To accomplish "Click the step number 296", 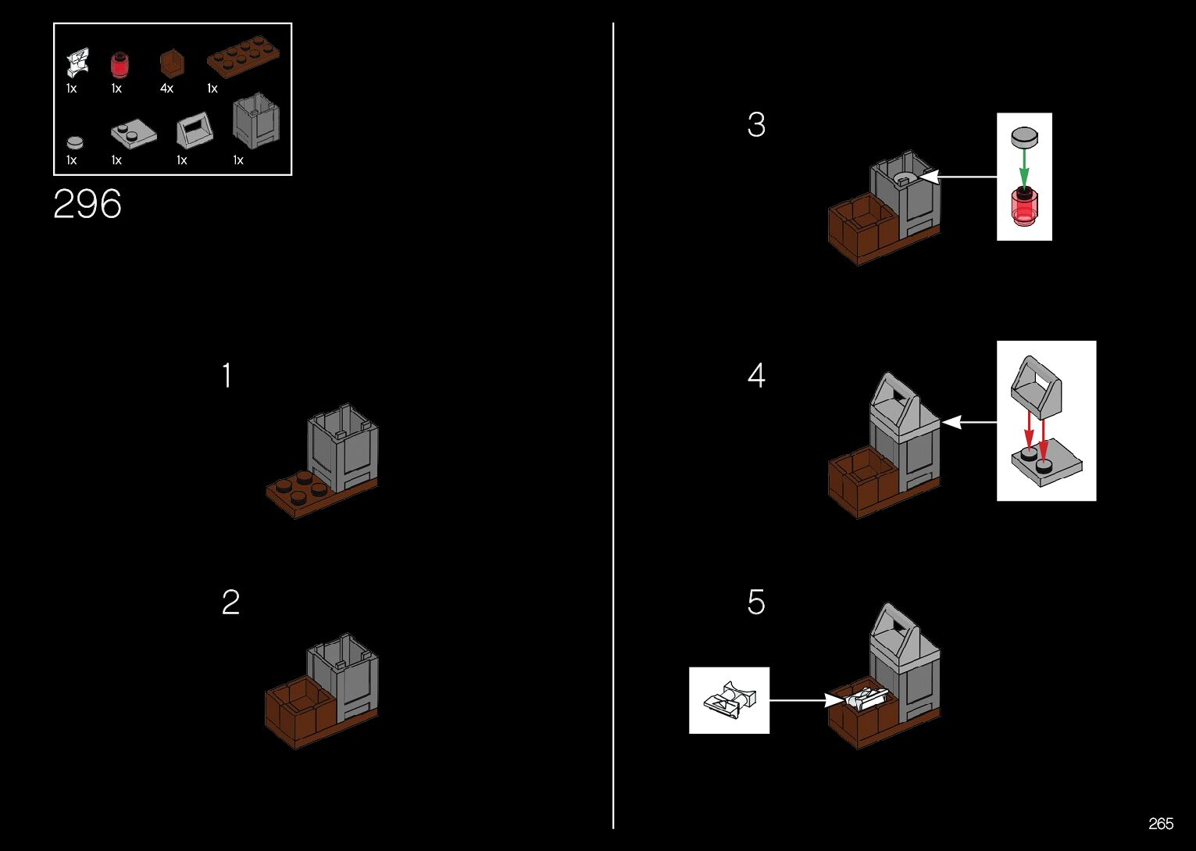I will tap(87, 205).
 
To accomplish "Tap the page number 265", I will tap(1161, 824).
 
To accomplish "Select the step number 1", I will tap(227, 376).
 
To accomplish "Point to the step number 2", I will tap(230, 602).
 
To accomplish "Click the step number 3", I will tap(756, 125).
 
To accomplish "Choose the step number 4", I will tap(756, 376).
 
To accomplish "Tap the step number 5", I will tap(756, 602).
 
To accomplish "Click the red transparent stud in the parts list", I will tap(119, 63).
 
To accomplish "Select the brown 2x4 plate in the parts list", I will tap(243, 59).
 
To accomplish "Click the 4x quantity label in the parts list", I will tap(166, 89).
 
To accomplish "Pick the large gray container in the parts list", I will tap(255, 121).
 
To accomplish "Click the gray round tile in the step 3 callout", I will tap(1024, 138).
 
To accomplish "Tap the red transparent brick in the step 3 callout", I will tap(1024, 206).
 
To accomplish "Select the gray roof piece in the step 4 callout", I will tap(1036, 386).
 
